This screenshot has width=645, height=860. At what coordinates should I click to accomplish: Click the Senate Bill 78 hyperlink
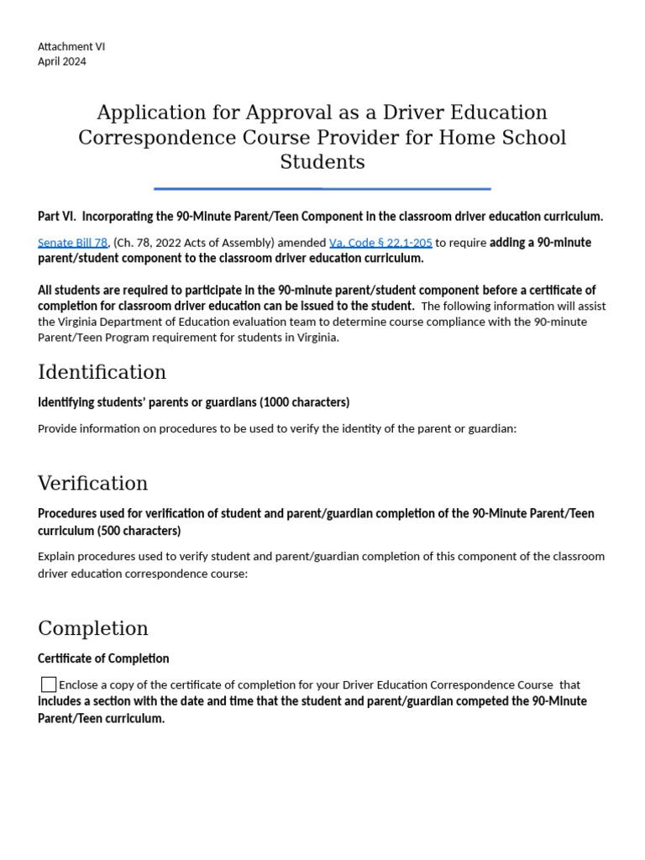tap(72, 243)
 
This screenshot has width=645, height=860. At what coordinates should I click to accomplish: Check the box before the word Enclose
tap(49, 684)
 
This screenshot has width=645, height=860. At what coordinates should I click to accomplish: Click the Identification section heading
tap(102, 372)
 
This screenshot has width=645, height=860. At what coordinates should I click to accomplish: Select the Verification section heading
tap(92, 483)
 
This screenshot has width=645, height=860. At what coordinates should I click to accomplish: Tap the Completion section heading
tap(92, 628)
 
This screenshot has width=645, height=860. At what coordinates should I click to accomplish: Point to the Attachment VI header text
tap(71, 47)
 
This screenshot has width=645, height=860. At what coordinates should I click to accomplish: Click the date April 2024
tap(61, 61)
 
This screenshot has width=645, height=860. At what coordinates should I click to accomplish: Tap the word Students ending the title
tap(322, 162)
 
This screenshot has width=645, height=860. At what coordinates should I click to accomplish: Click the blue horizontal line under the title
tap(322, 189)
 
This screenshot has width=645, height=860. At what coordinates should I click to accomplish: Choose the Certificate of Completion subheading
tap(103, 658)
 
